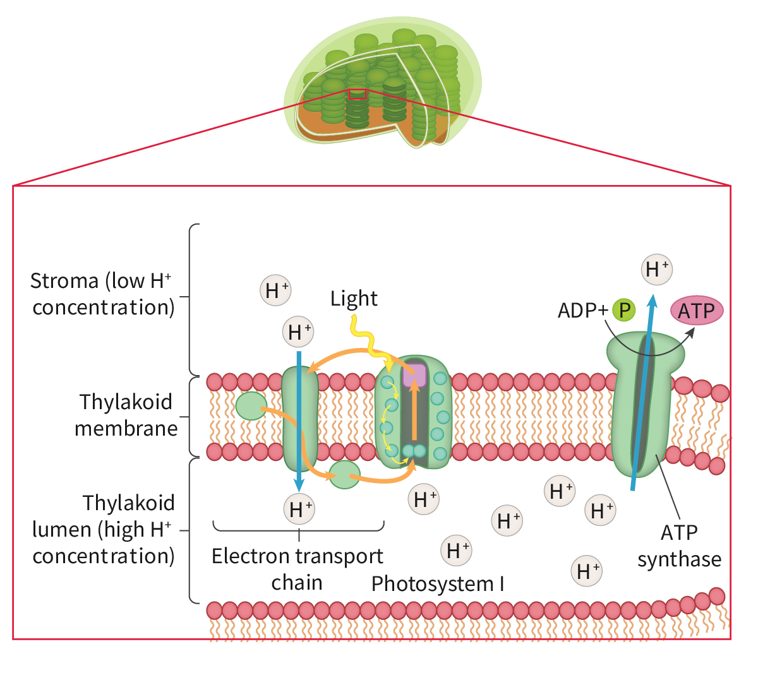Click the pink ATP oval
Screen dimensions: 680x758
pyautogui.click(x=696, y=311)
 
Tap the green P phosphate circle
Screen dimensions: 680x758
pyautogui.click(x=624, y=310)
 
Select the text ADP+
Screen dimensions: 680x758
pyautogui.click(x=582, y=311)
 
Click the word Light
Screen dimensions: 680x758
pyautogui.click(x=354, y=298)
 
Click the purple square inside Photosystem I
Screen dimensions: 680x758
pyautogui.click(x=414, y=374)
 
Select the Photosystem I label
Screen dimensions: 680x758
pyautogui.click(x=437, y=584)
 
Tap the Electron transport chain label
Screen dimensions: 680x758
pyautogui.click(x=298, y=569)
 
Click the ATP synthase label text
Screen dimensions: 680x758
pyautogui.click(x=679, y=546)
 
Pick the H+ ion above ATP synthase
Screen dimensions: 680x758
pyautogui.click(x=656, y=270)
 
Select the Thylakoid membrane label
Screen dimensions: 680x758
pyautogui.click(x=126, y=415)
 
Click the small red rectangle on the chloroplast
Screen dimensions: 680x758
pyautogui.click(x=357, y=95)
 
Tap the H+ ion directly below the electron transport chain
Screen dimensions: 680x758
pyautogui.click(x=299, y=509)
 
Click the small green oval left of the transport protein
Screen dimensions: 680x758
pyautogui.click(x=251, y=406)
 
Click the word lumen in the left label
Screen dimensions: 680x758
pyautogui.click(x=61, y=530)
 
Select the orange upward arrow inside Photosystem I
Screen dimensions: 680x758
pyautogui.click(x=414, y=410)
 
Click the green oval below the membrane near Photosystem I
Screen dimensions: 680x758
pyautogui.click(x=344, y=475)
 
